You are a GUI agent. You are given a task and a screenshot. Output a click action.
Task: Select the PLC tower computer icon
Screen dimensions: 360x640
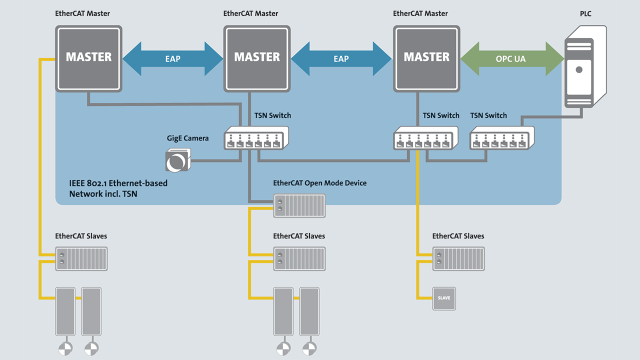click(585, 67)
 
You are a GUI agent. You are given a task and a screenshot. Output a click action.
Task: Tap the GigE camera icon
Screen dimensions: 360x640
click(177, 159)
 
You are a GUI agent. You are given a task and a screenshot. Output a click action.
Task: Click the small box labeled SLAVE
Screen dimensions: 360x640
click(444, 297)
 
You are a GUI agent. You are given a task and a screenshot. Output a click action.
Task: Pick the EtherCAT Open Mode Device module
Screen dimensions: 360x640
click(299, 205)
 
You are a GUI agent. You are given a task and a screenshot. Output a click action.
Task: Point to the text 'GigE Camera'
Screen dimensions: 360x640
click(187, 138)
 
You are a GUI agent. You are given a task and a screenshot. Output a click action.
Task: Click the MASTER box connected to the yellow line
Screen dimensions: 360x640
click(88, 58)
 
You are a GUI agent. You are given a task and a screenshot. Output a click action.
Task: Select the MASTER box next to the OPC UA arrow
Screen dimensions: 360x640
click(426, 58)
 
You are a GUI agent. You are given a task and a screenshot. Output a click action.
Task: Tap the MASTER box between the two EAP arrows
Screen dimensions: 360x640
click(257, 58)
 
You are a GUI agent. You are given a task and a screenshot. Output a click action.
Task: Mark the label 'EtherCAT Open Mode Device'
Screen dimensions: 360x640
click(319, 183)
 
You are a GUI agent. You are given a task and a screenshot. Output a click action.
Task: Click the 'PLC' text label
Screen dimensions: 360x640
click(585, 13)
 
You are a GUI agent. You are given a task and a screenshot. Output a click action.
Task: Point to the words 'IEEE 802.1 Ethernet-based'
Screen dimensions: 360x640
click(118, 183)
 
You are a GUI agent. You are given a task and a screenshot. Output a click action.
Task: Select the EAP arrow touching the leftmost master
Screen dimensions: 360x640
click(172, 58)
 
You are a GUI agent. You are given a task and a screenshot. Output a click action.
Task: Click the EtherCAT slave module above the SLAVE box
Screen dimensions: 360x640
click(458, 258)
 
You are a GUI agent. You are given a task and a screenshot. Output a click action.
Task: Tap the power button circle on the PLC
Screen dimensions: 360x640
click(579, 70)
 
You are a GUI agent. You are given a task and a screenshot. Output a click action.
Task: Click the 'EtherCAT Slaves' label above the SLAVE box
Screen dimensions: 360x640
click(458, 236)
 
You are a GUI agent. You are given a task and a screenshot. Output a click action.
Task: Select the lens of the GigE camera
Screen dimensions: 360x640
click(175, 162)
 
